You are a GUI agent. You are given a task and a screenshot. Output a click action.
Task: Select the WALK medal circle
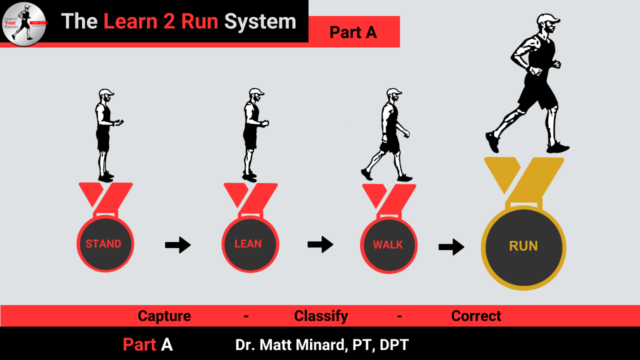click(x=388, y=245)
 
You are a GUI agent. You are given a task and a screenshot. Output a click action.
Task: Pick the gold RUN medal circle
click(x=523, y=247)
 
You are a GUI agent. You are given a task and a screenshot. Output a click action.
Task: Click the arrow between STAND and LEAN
click(x=178, y=245)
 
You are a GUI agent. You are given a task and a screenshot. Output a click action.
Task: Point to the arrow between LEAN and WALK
click(x=320, y=244)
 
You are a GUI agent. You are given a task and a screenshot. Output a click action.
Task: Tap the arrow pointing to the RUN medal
click(x=451, y=246)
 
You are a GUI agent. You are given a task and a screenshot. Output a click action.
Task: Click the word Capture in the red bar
click(x=164, y=316)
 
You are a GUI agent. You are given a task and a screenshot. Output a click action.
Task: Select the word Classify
click(x=321, y=316)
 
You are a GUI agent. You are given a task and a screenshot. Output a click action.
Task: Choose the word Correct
click(x=476, y=316)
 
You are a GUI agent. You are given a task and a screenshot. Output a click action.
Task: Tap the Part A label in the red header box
click(x=353, y=32)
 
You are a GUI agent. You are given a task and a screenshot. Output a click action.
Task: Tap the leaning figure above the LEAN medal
click(x=251, y=134)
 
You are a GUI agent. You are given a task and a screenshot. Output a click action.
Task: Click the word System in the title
click(x=260, y=21)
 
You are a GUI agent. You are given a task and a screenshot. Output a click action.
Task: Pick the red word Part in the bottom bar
click(x=139, y=345)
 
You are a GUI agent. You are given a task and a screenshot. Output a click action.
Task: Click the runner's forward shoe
click(x=557, y=147)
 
